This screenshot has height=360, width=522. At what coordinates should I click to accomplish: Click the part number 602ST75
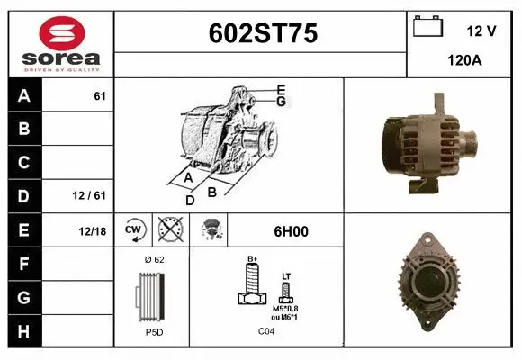pyautogui.click(x=262, y=33)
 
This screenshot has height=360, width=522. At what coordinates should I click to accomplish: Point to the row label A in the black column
pyautogui.click(x=23, y=96)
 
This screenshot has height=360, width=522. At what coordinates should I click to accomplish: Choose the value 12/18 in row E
pyautogui.click(x=92, y=231)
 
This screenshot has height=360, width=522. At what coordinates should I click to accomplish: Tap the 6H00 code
pyautogui.click(x=291, y=231)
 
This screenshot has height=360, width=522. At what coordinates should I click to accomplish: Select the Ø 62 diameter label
pyautogui.click(x=153, y=260)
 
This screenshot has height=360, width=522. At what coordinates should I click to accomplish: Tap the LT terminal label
pyautogui.click(x=286, y=276)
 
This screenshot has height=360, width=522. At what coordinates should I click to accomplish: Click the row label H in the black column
pyautogui.click(x=23, y=331)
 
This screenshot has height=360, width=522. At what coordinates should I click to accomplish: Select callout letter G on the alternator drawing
pyautogui.click(x=281, y=102)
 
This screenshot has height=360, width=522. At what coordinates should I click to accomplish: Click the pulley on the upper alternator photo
pyautogui.click(x=469, y=141)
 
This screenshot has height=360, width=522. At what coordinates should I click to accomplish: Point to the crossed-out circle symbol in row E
pyautogui.click(x=167, y=230)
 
